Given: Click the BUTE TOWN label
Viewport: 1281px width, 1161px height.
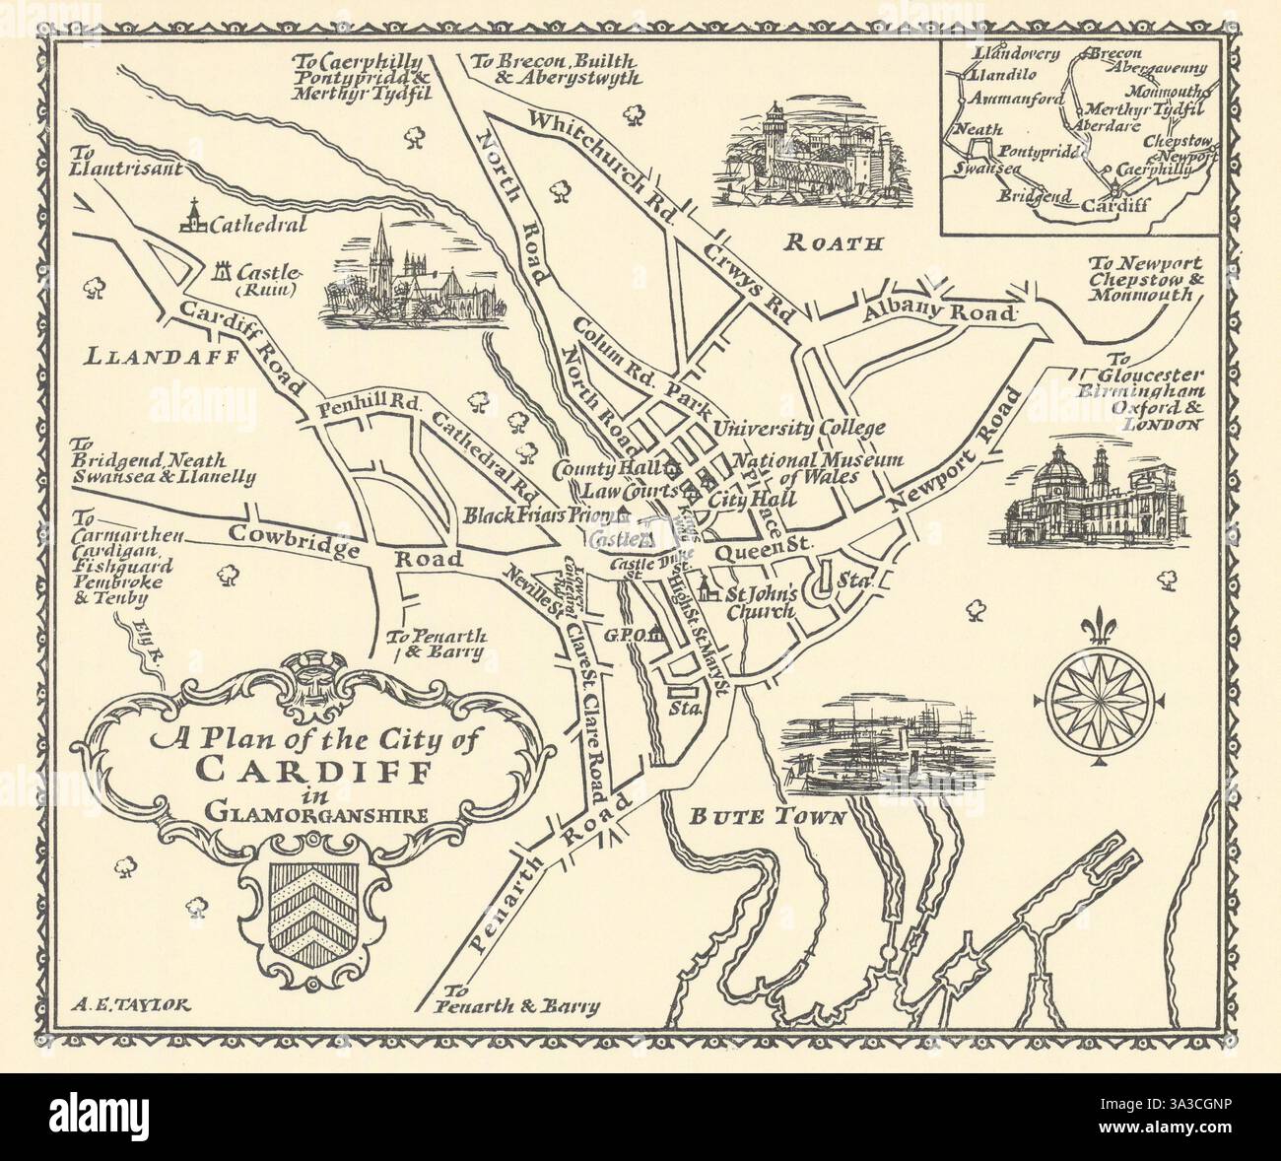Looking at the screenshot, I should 768,817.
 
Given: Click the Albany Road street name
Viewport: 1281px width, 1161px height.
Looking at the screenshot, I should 938,313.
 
